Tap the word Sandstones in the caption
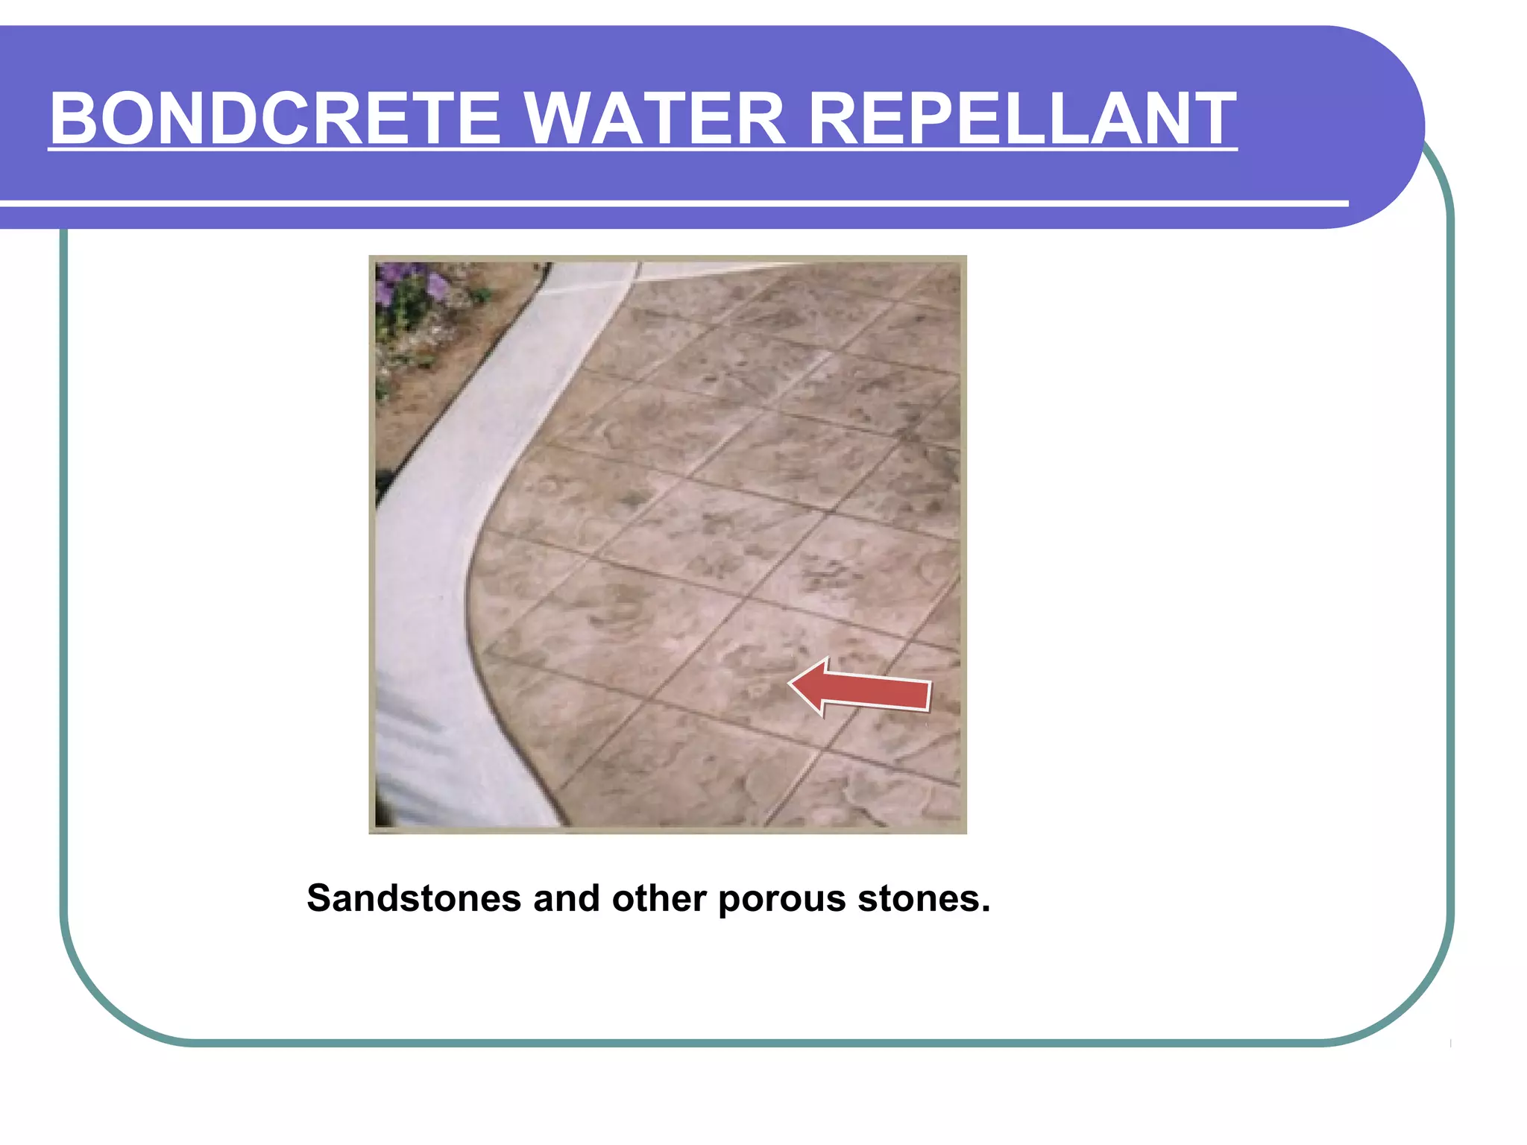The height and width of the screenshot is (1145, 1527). coord(414,898)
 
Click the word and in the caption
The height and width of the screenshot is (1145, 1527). coord(567,898)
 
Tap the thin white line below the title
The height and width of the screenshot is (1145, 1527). coord(671,203)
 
